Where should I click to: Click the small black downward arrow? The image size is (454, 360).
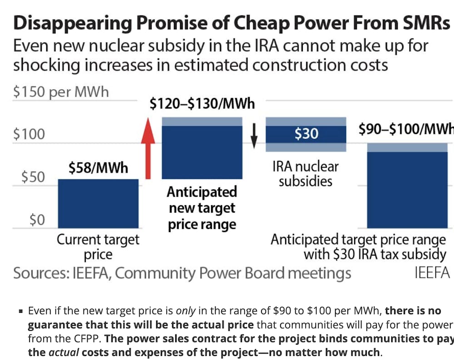point(254,136)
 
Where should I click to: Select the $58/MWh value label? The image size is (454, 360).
point(99,168)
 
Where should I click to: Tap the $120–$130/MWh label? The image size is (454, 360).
point(202,104)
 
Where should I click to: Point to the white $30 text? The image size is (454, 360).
point(306,134)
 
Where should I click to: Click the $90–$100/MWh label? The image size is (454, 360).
point(406,129)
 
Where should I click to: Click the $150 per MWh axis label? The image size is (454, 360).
point(61,92)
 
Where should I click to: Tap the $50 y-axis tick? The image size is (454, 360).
point(33,177)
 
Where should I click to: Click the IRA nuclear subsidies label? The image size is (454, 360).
point(306,173)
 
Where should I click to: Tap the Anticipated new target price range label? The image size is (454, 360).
point(202,208)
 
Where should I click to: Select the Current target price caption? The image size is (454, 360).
point(98,247)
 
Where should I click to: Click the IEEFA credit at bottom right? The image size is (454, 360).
point(432,273)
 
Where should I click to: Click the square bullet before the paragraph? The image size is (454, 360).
point(21,312)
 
